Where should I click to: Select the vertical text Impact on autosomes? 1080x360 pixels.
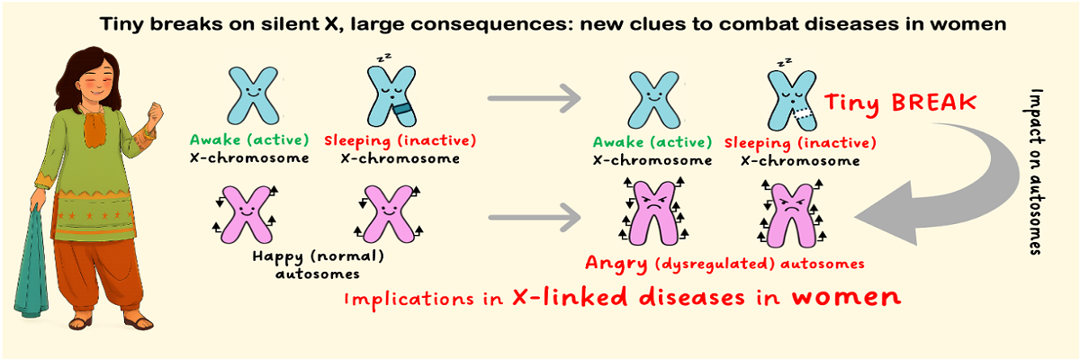coord(1036,171)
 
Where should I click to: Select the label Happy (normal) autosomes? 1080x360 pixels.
coord(319,263)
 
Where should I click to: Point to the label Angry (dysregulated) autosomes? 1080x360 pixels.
coord(724,264)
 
